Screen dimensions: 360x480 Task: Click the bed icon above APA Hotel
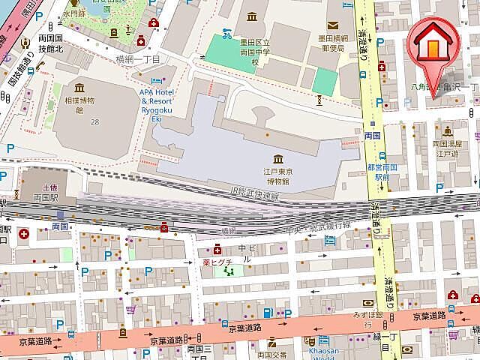(x=156, y=80)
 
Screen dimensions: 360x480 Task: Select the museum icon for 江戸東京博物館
(x=278, y=158)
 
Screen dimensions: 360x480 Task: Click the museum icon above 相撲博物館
(x=79, y=88)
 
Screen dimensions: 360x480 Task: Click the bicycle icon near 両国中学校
(x=226, y=33)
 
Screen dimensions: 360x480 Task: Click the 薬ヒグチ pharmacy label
(x=217, y=262)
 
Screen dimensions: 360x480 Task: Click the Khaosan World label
(x=324, y=354)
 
